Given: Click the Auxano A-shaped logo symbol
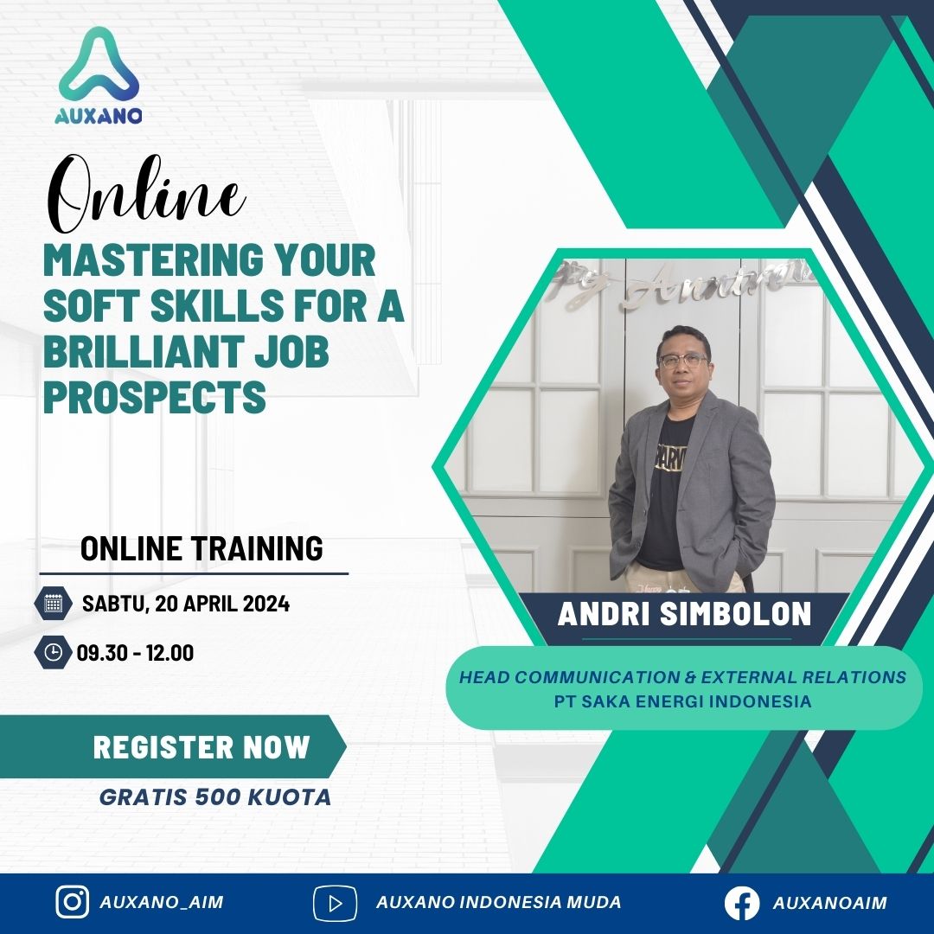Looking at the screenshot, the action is pyautogui.click(x=99, y=66).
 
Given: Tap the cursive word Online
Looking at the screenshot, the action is pyautogui.click(x=146, y=194).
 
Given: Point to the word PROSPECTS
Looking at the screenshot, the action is pyautogui.click(x=155, y=397).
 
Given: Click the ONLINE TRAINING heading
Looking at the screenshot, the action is pyautogui.click(x=202, y=548).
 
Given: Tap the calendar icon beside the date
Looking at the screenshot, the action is pyautogui.click(x=54, y=604).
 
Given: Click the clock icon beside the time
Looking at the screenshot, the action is pyautogui.click(x=54, y=652).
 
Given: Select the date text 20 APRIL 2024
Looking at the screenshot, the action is pyautogui.click(x=222, y=604).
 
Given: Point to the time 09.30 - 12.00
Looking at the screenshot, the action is pyautogui.click(x=135, y=653).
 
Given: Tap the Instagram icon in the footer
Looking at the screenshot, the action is pyautogui.click(x=73, y=902).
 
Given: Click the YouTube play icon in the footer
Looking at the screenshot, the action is pyautogui.click(x=336, y=903).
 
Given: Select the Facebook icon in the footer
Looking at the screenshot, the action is pyautogui.click(x=742, y=903).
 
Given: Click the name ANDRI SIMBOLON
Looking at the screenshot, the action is pyautogui.click(x=684, y=614).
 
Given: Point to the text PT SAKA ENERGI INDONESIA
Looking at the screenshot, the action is pyautogui.click(x=682, y=701).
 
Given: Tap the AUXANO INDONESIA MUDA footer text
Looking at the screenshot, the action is pyautogui.click(x=499, y=902).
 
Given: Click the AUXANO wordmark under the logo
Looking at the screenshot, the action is pyautogui.click(x=99, y=116).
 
